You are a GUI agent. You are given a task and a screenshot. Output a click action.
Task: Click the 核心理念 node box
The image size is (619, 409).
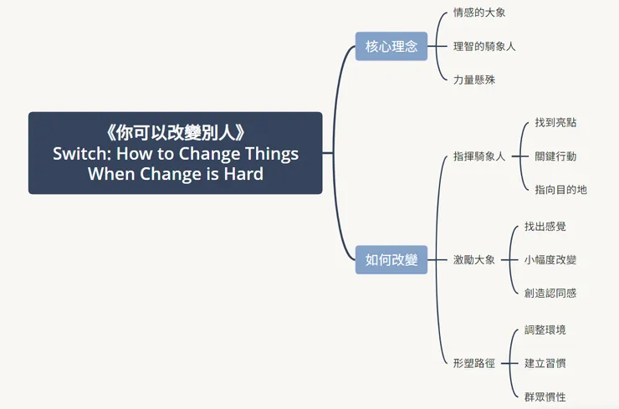[391, 46]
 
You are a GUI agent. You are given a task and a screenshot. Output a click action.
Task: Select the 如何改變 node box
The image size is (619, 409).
[391, 260]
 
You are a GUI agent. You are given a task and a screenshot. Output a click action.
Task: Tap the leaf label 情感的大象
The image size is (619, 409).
[478, 13]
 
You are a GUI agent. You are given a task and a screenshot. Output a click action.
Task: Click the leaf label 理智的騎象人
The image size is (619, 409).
[484, 46]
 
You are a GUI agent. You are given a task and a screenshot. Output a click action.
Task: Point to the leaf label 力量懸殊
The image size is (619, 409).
[473, 79]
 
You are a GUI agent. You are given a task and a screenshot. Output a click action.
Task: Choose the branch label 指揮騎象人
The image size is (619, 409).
[479, 156]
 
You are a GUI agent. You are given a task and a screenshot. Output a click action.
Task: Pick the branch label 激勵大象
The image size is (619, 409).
[473, 259]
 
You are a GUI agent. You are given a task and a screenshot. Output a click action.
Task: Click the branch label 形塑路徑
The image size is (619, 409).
[473, 363]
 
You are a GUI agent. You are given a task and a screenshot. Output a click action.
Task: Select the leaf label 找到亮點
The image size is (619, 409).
[555, 122]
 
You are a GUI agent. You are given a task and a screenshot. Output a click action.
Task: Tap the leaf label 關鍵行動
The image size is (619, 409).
[555, 156]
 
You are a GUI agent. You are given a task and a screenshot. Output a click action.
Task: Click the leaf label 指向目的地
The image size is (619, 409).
[560, 189]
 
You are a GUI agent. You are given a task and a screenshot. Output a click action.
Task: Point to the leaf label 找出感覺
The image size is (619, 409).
[545, 226]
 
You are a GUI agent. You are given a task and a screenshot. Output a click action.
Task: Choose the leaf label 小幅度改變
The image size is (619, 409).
[550, 259]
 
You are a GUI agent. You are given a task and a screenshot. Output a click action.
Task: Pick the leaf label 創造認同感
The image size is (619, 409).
[550, 293]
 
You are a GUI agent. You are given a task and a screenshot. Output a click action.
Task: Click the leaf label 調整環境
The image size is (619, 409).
[545, 330]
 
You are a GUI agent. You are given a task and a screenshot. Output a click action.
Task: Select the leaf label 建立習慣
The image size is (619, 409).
[545, 363]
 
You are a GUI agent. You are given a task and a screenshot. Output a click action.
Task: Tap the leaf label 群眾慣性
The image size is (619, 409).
[545, 396]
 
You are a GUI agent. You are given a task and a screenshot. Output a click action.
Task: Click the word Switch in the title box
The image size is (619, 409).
[79, 154]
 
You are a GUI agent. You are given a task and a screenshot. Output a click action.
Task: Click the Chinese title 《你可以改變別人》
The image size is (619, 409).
[176, 133]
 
